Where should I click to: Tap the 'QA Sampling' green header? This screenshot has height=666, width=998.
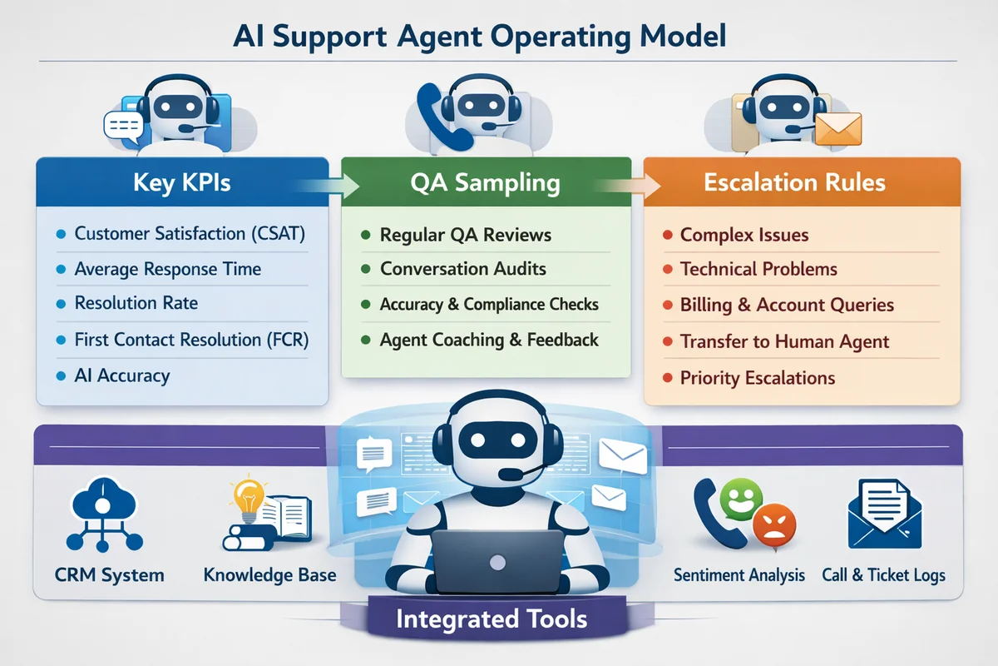tap(486, 182)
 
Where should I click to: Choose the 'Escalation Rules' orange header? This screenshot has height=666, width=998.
tap(794, 182)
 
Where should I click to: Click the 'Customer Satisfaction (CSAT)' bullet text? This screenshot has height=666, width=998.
tap(190, 234)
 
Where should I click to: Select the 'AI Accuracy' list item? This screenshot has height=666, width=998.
tap(121, 375)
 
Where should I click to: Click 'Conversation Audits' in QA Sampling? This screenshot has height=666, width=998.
tap(462, 269)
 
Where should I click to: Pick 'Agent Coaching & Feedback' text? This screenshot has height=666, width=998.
tap(489, 340)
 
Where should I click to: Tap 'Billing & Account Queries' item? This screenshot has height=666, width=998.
tap(786, 305)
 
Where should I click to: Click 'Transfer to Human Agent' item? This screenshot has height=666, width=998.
tap(784, 341)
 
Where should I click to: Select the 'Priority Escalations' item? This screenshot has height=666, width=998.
tap(757, 378)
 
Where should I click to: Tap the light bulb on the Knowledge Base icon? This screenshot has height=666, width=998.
tap(247, 496)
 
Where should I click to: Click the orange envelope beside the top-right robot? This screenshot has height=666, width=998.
tap(837, 130)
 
